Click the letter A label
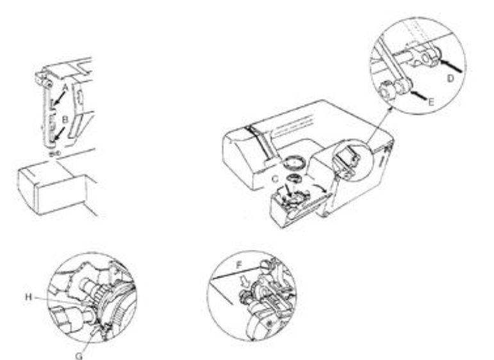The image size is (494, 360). coord(65,87)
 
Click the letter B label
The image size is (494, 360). coord(65,120)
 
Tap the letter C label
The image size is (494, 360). coord(275,179)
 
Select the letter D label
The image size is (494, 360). coord(451,79)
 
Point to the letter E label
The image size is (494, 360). coord(431,102)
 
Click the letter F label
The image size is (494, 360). coord(240,265)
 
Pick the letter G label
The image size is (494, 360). coord(79,356)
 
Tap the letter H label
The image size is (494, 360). coord(29,297)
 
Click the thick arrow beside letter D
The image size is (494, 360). coord(450,65)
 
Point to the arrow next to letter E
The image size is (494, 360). coord(419,95)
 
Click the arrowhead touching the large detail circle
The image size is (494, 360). coord(391,109)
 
